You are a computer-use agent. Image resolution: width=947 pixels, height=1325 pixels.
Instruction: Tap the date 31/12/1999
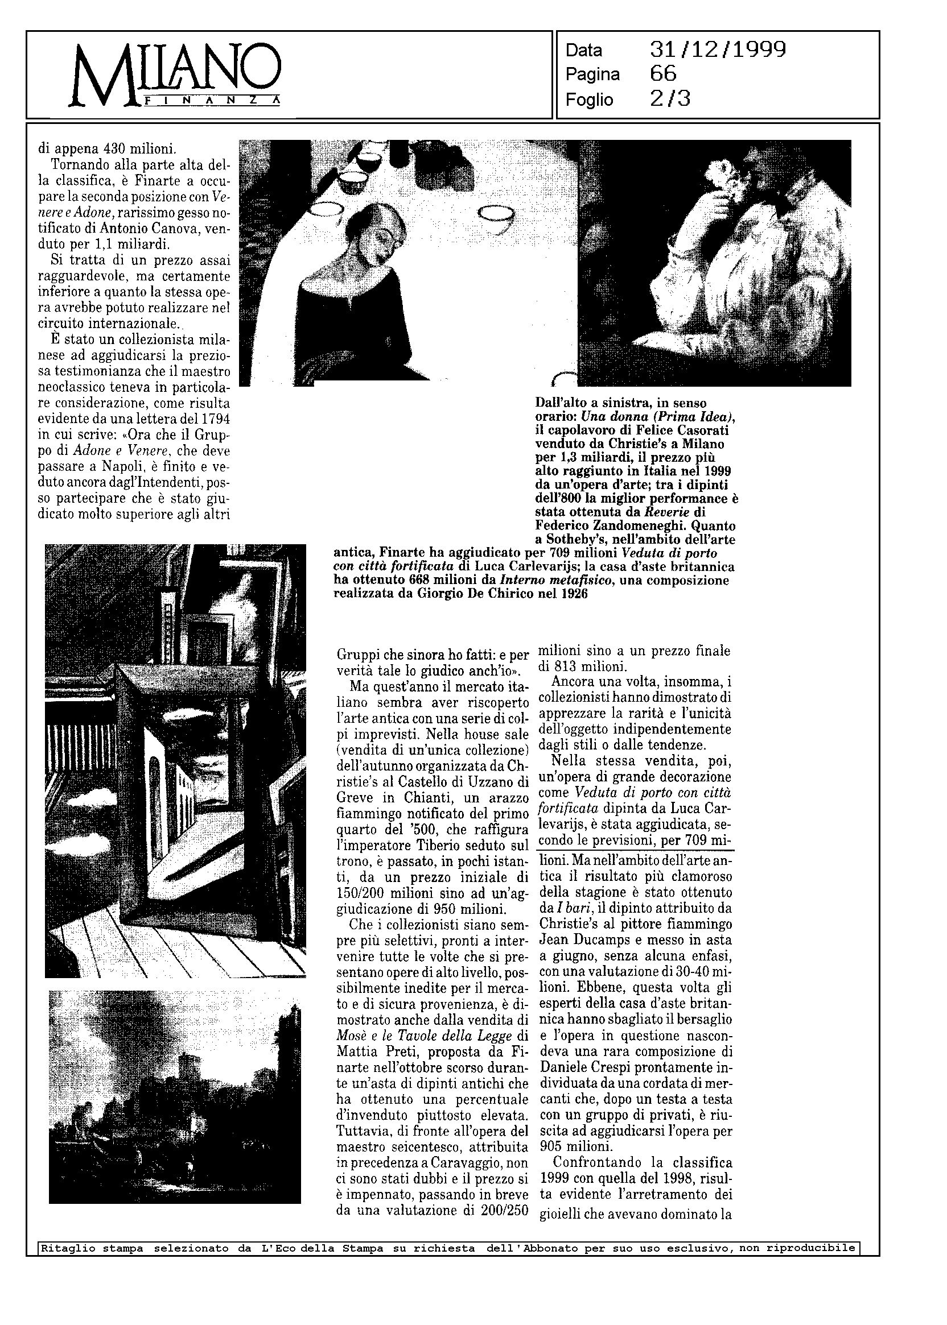coord(717,50)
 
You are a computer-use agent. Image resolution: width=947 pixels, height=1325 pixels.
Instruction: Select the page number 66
coord(663,74)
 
